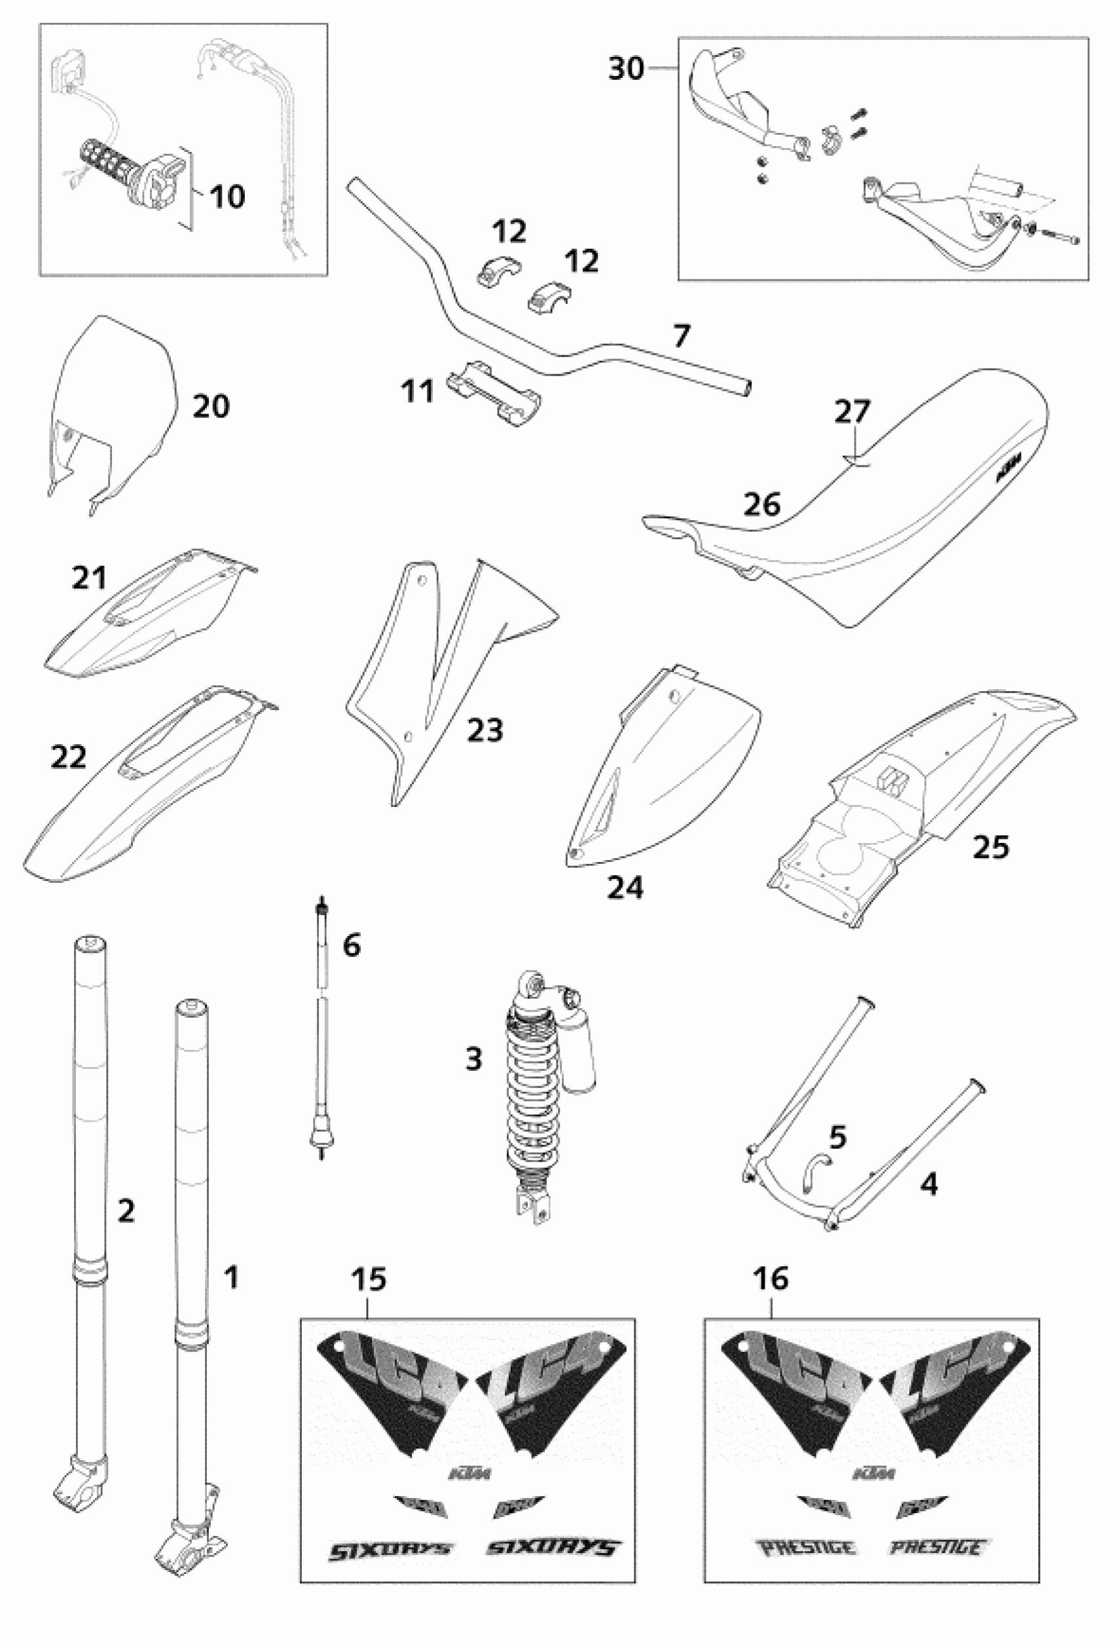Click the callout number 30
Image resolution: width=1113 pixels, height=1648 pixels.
(626, 69)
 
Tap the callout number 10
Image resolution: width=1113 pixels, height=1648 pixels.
(227, 196)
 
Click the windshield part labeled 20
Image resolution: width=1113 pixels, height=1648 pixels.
(113, 397)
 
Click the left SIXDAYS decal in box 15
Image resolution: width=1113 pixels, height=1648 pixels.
(389, 1549)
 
